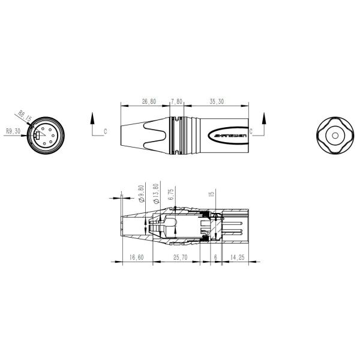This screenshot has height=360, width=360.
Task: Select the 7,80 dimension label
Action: (177, 102)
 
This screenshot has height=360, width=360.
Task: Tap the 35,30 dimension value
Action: (217, 102)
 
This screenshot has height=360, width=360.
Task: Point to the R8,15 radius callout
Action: (24, 114)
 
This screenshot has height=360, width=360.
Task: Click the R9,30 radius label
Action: (13, 130)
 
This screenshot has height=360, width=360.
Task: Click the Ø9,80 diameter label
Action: (142, 194)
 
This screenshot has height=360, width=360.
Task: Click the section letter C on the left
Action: (106, 130)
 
